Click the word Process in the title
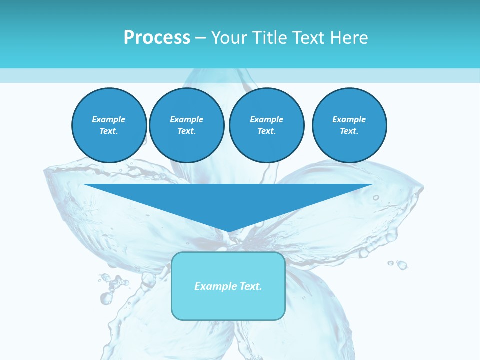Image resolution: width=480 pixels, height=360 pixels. point(157,38)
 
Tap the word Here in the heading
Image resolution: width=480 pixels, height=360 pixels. point(348,38)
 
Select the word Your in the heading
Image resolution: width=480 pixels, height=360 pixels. point(230,38)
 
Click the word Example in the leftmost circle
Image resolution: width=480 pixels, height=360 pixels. point(109,119)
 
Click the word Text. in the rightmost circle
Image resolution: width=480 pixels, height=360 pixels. point(349,131)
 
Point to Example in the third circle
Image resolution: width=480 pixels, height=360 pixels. point(266,119)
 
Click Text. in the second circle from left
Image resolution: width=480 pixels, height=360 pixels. point(186,131)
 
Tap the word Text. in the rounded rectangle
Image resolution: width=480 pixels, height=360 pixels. point(250,286)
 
